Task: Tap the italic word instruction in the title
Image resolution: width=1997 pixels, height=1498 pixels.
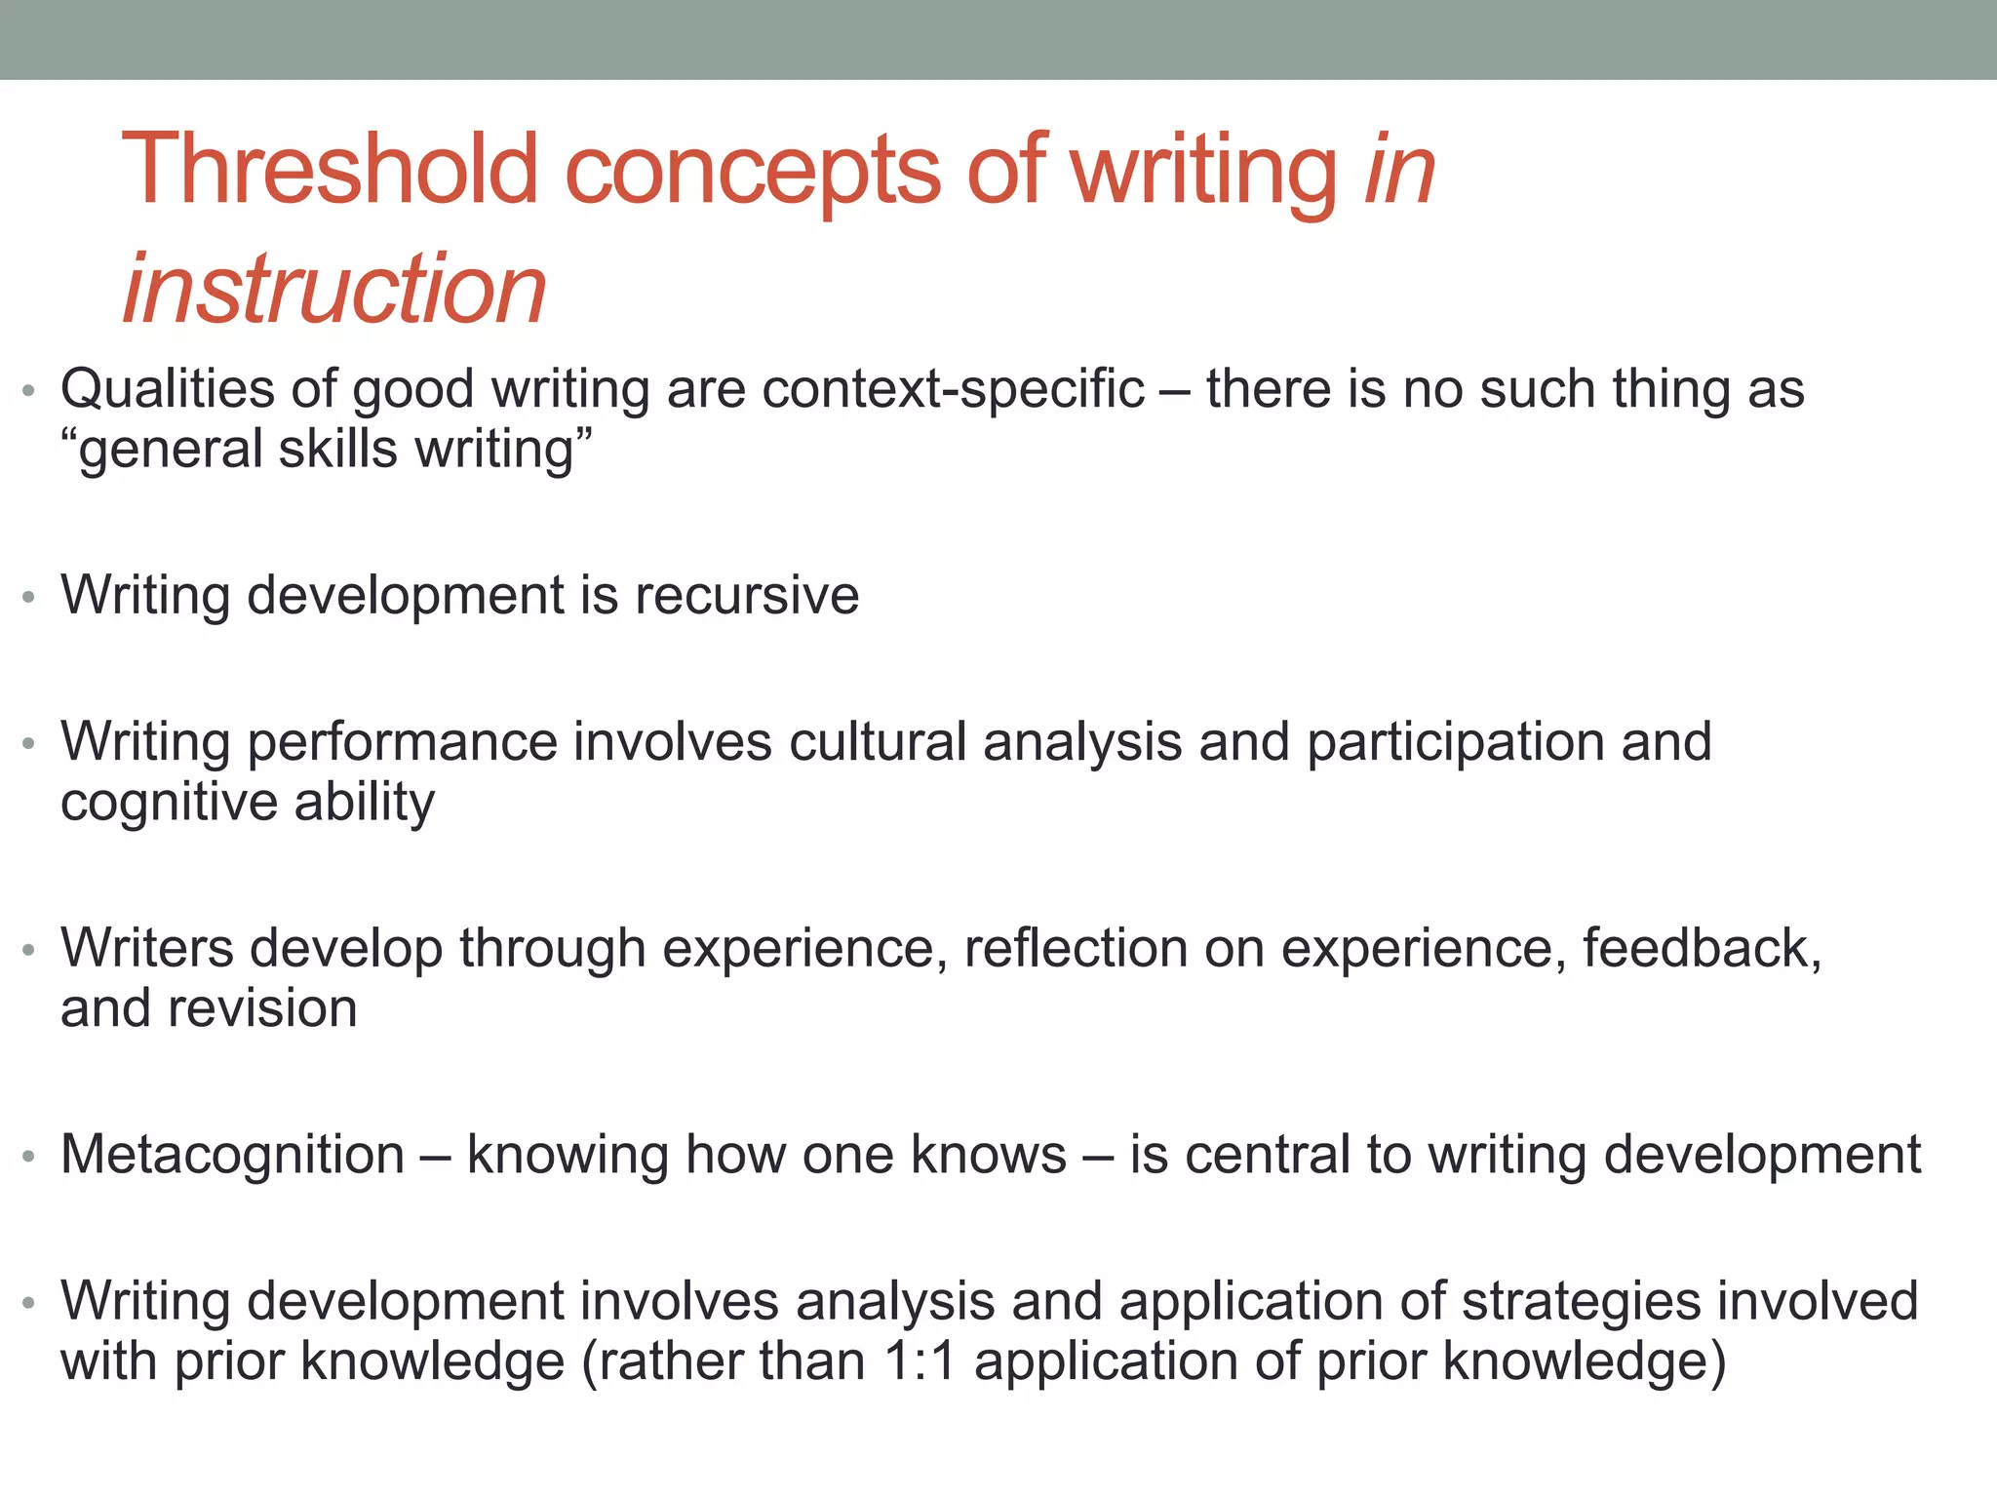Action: tap(334, 289)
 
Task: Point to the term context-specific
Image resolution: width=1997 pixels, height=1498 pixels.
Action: tap(953, 389)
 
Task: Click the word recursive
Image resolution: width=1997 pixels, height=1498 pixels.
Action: tap(747, 595)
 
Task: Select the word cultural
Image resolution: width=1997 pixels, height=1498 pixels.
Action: tap(878, 741)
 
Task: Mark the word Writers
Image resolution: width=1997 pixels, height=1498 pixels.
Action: tap(147, 948)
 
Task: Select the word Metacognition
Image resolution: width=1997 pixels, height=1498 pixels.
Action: tap(232, 1155)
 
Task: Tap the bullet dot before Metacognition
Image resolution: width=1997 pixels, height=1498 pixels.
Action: tap(29, 1158)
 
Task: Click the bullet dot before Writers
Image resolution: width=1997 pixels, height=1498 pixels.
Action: tap(29, 950)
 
